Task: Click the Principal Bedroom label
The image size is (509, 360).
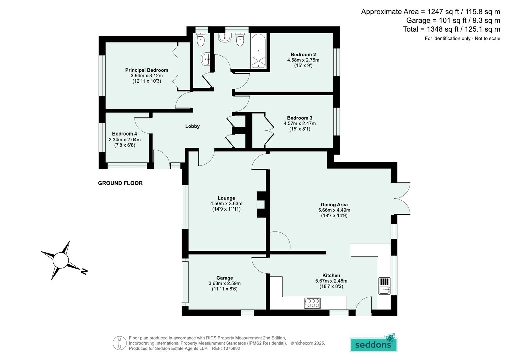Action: pos(147,70)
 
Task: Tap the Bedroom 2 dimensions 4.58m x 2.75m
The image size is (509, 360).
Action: pos(303,60)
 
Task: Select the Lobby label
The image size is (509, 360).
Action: pos(192,126)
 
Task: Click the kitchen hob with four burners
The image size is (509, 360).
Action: pos(312,303)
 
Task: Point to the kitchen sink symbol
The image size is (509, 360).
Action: pos(384,286)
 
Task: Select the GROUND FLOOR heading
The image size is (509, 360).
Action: pos(120,183)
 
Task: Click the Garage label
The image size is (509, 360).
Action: pos(225,278)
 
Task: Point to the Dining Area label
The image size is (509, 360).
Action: pos(334,205)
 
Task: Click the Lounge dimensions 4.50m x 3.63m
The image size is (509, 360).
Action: pos(226,204)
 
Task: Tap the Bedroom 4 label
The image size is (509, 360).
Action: pos(124,134)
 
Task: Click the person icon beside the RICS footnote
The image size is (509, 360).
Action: pos(119,343)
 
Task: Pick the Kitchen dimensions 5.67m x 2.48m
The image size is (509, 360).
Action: pos(331,281)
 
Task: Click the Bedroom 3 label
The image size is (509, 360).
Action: pos(300,118)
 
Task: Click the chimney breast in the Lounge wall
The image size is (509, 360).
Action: pos(261,204)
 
